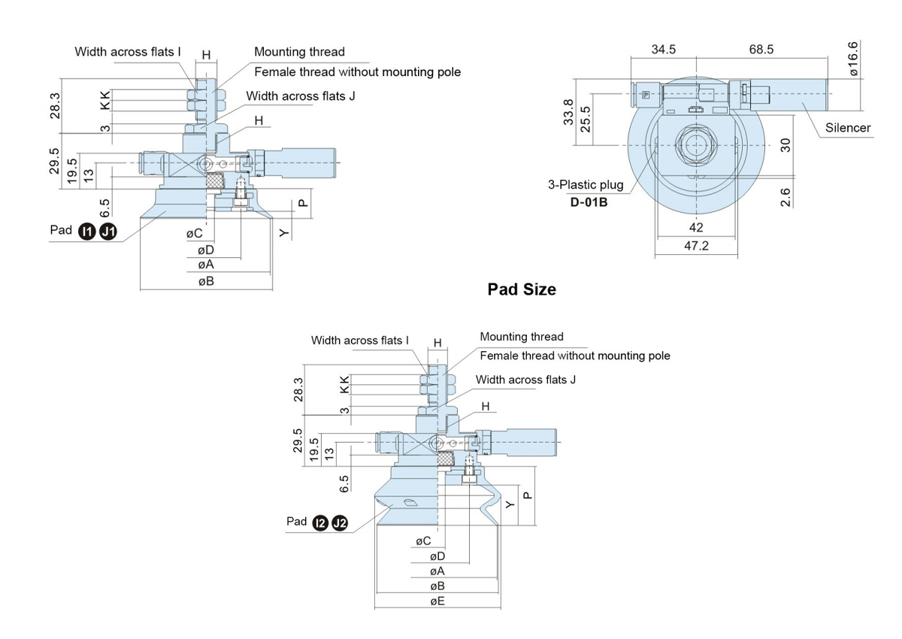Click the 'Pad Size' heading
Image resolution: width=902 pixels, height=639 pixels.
[522, 289]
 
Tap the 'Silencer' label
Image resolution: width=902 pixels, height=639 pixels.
[848, 128]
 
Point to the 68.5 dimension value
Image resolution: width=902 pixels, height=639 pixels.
[761, 50]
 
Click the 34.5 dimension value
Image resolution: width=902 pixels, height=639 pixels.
[663, 50]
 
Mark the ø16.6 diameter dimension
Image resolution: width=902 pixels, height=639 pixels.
[853, 59]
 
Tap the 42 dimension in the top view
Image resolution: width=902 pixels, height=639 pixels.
[695, 228]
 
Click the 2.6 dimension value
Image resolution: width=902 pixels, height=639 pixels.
[785, 198]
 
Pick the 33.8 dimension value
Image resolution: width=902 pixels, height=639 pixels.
[569, 112]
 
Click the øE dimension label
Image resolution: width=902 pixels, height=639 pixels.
[437, 601]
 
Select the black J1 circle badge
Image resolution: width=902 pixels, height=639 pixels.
[109, 232]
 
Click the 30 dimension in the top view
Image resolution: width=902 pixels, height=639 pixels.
[785, 144]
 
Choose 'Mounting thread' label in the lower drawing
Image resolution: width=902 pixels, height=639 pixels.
[521, 337]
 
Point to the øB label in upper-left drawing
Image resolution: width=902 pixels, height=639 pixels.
[206, 281]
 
